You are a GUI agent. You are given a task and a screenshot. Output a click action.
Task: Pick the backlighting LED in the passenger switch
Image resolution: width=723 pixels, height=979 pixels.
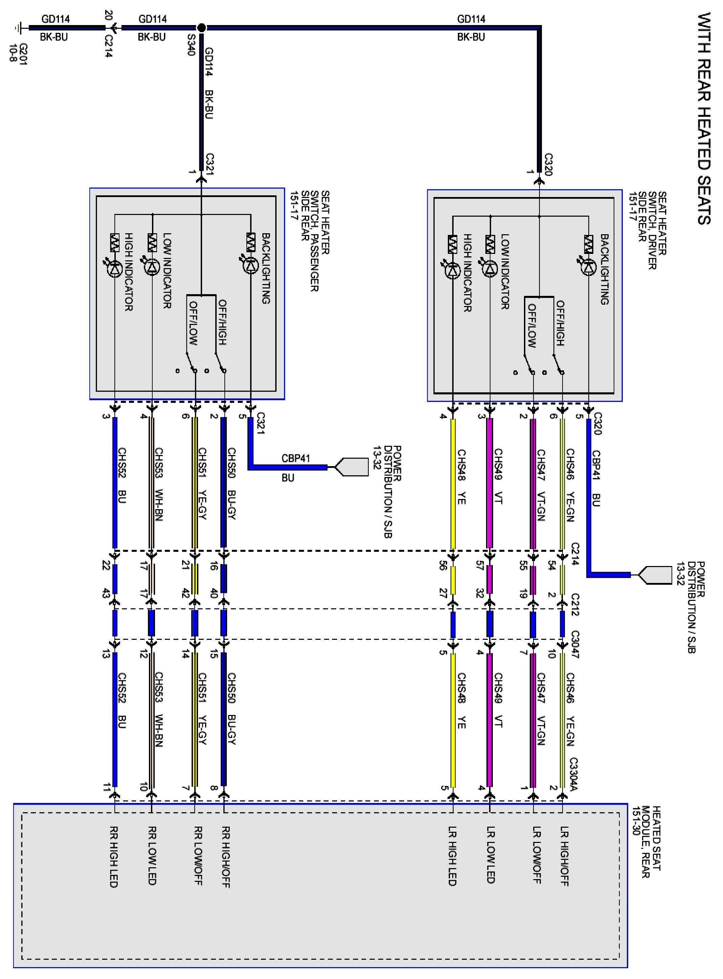(251, 265)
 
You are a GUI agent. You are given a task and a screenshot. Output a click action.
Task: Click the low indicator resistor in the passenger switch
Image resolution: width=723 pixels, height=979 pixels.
(152, 242)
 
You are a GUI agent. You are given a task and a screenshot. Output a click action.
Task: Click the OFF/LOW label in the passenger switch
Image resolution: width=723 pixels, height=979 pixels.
(193, 323)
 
